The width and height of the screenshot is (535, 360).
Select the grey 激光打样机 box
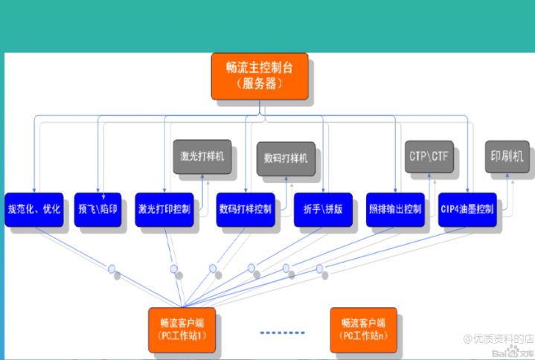pos(201,157)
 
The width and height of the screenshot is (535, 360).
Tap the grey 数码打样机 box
pos(286,158)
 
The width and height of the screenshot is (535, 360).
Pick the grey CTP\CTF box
pos(429,157)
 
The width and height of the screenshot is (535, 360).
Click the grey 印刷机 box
pos(507,157)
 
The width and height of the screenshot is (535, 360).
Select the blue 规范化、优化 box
pos(34,209)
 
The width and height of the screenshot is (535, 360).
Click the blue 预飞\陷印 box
pos(97,209)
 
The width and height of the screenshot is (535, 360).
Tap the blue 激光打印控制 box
pos(163,209)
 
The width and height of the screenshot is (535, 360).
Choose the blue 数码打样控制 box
pos(245,209)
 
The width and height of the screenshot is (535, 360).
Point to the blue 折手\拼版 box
pos(322,209)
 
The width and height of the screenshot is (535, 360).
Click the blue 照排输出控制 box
pos(395,209)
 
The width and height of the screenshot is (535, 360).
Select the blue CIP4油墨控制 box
pos(467,209)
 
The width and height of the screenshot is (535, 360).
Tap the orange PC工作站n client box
pos(363,329)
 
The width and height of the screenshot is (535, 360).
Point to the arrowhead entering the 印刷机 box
pos(509,177)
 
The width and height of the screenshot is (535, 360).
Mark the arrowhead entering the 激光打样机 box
pos(202,177)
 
